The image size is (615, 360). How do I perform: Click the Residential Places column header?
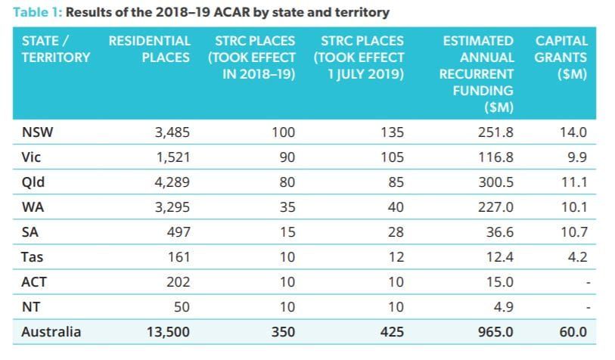(149, 48)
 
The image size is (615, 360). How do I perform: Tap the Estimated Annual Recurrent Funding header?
(476, 73)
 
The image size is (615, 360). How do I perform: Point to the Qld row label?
(33, 182)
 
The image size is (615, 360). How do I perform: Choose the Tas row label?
(33, 256)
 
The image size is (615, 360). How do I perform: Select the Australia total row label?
(51, 331)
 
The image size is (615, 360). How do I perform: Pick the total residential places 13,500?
(168, 331)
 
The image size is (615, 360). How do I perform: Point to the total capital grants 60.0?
(574, 331)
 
